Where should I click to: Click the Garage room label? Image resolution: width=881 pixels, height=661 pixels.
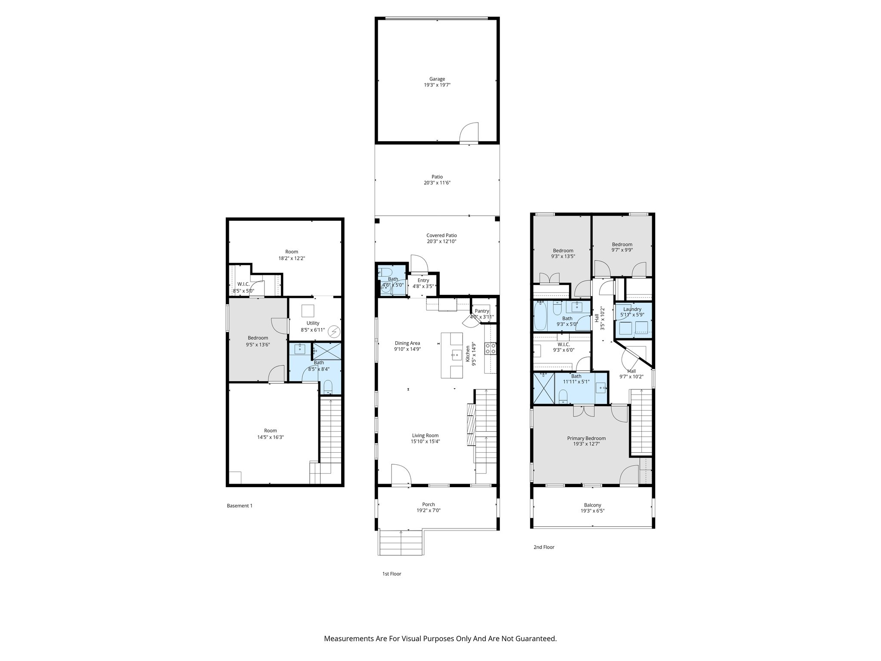(x=437, y=79)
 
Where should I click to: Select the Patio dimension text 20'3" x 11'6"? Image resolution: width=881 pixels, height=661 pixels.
(x=437, y=183)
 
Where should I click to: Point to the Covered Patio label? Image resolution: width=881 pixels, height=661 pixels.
(x=441, y=235)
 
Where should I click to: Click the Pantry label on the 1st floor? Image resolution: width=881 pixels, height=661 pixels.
(x=482, y=311)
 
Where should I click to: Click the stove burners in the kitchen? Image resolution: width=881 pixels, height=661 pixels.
(x=490, y=348)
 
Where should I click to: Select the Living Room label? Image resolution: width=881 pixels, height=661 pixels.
(x=425, y=436)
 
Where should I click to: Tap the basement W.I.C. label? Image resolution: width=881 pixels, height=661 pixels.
(x=243, y=284)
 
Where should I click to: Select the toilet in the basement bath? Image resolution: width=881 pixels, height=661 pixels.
(x=328, y=386)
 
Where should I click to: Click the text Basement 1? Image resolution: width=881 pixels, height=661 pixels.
(x=240, y=506)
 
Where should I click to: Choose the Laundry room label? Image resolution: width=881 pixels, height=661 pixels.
(x=632, y=309)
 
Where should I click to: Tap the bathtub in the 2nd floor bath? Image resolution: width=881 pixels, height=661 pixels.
(x=539, y=316)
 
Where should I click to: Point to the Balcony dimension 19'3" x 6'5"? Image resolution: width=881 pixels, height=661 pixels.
(x=592, y=511)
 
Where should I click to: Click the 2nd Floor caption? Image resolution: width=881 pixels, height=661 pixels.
(x=544, y=547)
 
